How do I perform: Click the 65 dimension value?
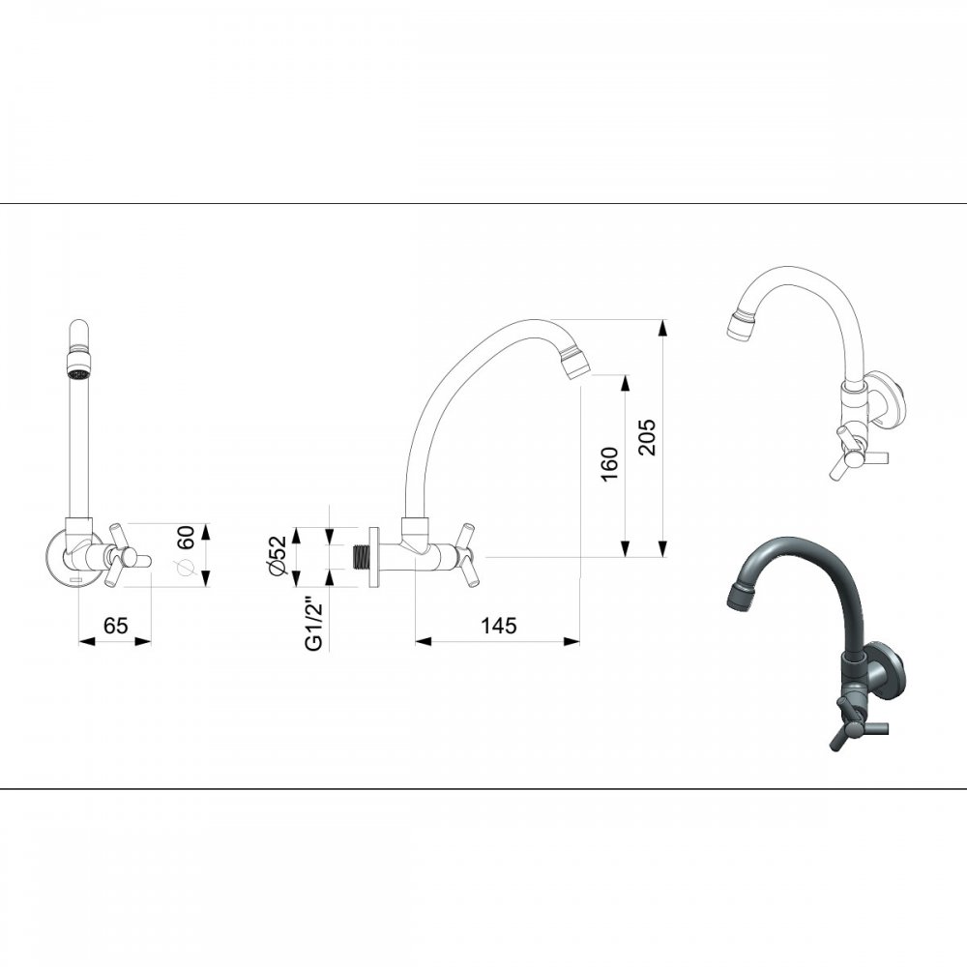click(x=115, y=626)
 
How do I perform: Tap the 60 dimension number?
click(x=186, y=537)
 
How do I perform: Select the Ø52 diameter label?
click(x=278, y=556)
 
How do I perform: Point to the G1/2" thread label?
click(x=314, y=625)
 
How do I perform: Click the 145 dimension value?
click(x=498, y=626)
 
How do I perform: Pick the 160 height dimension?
click(x=608, y=464)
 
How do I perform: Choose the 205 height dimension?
click(x=647, y=437)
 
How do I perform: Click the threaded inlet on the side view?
click(x=360, y=557)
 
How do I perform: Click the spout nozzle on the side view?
click(x=574, y=362)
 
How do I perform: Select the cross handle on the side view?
click(x=467, y=555)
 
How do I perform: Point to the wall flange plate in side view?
click(x=373, y=557)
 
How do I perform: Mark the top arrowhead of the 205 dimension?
click(x=662, y=328)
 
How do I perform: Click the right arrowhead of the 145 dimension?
click(x=571, y=642)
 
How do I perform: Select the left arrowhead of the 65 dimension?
click(x=87, y=642)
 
